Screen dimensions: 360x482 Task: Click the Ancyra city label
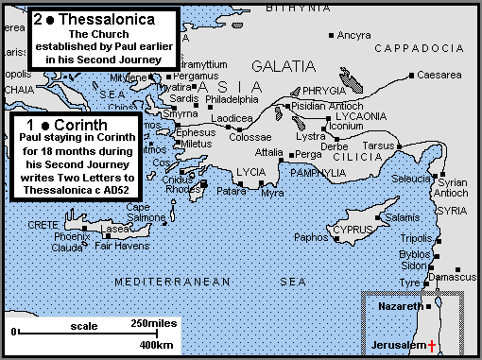coord(354,35)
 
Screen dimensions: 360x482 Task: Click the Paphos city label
coord(311,237)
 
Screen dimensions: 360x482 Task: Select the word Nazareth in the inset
coord(396,308)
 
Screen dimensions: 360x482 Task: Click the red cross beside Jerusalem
coord(432,346)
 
